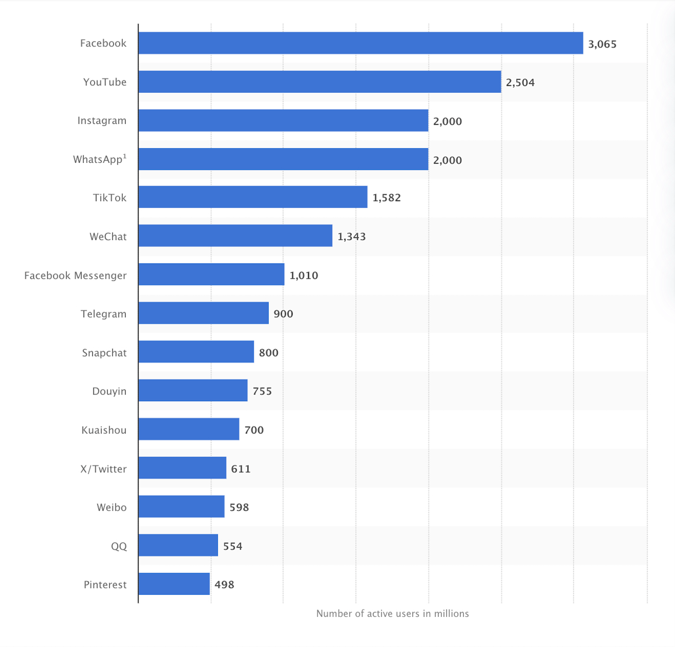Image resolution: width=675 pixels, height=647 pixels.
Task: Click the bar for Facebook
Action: [361, 43]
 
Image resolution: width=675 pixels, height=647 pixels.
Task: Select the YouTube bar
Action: [319, 82]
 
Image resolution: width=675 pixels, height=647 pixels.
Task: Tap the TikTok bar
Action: [253, 197]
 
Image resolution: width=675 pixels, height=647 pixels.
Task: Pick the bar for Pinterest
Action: [174, 584]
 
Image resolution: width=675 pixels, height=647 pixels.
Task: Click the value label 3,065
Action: [602, 44]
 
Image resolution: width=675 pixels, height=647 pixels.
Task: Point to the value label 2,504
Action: [520, 83]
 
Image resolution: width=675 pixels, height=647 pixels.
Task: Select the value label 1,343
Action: [351, 236]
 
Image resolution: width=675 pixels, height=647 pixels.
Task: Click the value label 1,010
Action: [303, 275]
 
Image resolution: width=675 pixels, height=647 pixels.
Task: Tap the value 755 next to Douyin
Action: [262, 391]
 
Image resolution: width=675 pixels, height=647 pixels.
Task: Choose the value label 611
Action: [240, 469]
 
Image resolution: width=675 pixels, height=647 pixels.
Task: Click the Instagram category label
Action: [102, 121]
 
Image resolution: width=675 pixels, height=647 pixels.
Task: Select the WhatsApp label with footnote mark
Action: [100, 159]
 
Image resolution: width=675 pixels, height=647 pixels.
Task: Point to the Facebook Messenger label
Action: [75, 275]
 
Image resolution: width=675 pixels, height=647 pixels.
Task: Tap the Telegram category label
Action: [103, 314]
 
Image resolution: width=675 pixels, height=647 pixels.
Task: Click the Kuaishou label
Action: [104, 430]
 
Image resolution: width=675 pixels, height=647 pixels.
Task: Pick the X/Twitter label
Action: [103, 469]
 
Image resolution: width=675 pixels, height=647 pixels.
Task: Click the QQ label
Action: [119, 546]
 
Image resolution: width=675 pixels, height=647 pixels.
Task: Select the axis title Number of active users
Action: [392, 613]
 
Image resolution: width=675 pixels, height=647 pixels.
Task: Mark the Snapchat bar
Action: [196, 352]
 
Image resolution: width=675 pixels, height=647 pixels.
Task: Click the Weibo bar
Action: [181, 506]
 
